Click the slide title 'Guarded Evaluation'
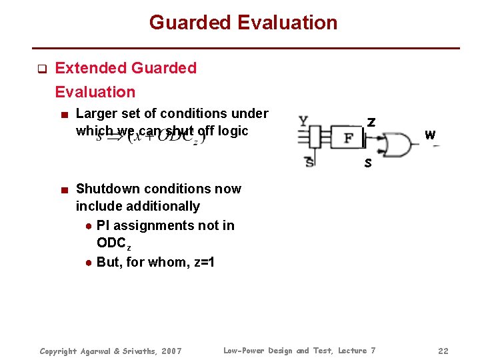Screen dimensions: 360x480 pyautogui.click(x=243, y=23)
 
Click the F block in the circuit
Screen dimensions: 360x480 pyautogui.click(x=348, y=138)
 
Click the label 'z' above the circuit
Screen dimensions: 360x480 pyautogui.click(x=371, y=122)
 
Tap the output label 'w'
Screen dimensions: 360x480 pyautogui.click(x=430, y=135)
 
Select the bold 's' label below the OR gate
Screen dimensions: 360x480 pyautogui.click(x=367, y=163)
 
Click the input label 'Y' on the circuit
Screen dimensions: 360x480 pyautogui.click(x=303, y=122)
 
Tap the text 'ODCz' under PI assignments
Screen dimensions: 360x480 pyautogui.click(x=114, y=244)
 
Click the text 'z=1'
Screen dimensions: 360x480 pyautogui.click(x=201, y=262)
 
